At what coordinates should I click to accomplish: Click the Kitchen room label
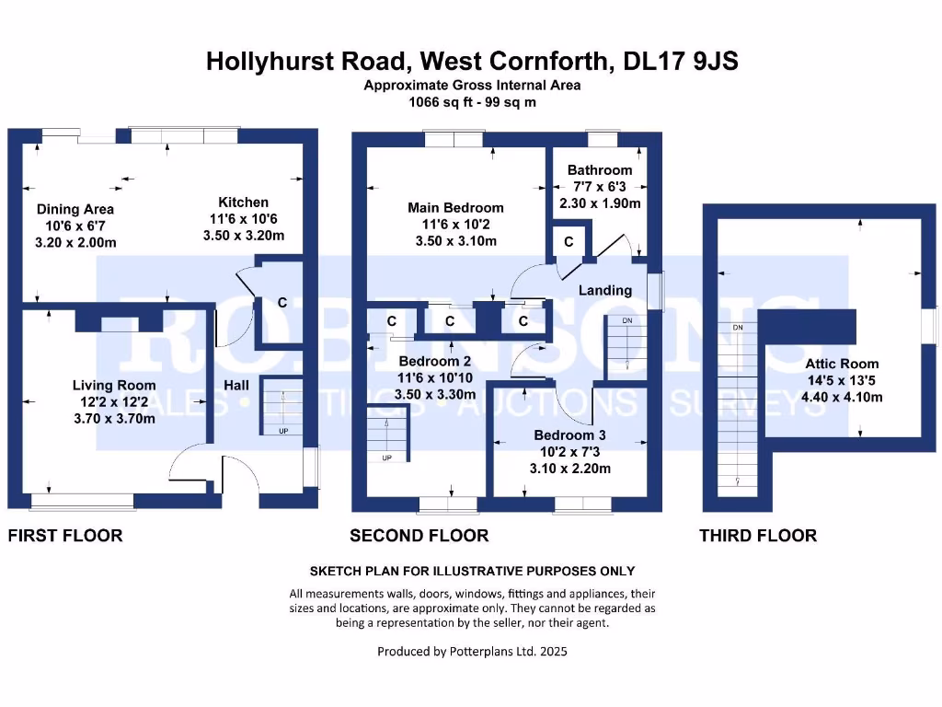244,203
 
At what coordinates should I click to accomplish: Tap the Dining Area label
75,209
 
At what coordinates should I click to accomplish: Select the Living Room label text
115,385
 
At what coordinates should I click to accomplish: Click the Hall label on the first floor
236,385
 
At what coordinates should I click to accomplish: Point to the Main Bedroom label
455,208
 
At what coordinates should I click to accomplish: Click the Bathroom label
600,169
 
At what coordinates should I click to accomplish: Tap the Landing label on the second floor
605,290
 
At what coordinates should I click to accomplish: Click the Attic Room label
842,364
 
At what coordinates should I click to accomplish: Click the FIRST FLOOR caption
65,536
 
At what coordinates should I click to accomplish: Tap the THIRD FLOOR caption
758,536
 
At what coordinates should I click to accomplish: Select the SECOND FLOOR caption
419,536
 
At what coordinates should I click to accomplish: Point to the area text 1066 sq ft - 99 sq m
472,102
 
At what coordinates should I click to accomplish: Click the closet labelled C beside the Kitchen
281,302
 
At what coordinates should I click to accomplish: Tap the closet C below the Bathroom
569,242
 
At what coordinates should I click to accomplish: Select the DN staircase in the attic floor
737,405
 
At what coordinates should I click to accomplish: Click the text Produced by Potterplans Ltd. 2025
472,652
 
